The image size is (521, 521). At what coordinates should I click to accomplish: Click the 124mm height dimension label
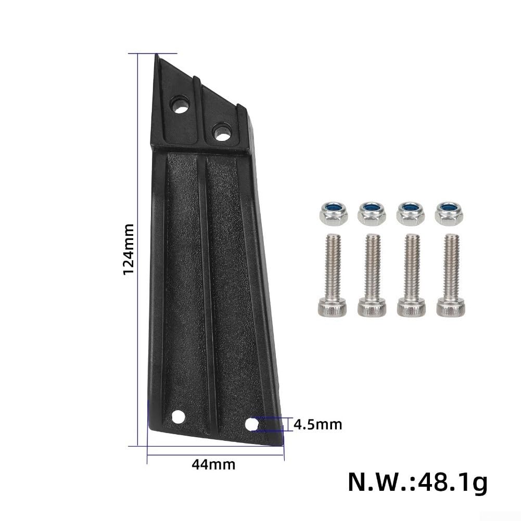[x=129, y=249]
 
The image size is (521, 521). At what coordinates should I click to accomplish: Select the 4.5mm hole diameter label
[x=318, y=425]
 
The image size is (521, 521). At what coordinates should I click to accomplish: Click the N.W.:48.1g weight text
[x=418, y=482]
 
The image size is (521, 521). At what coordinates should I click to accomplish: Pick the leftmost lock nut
[x=334, y=213]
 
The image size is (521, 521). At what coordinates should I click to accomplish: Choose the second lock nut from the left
[x=372, y=213]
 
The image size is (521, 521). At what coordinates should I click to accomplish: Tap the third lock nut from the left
[x=411, y=213]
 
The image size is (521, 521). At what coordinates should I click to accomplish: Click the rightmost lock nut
[x=449, y=213]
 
